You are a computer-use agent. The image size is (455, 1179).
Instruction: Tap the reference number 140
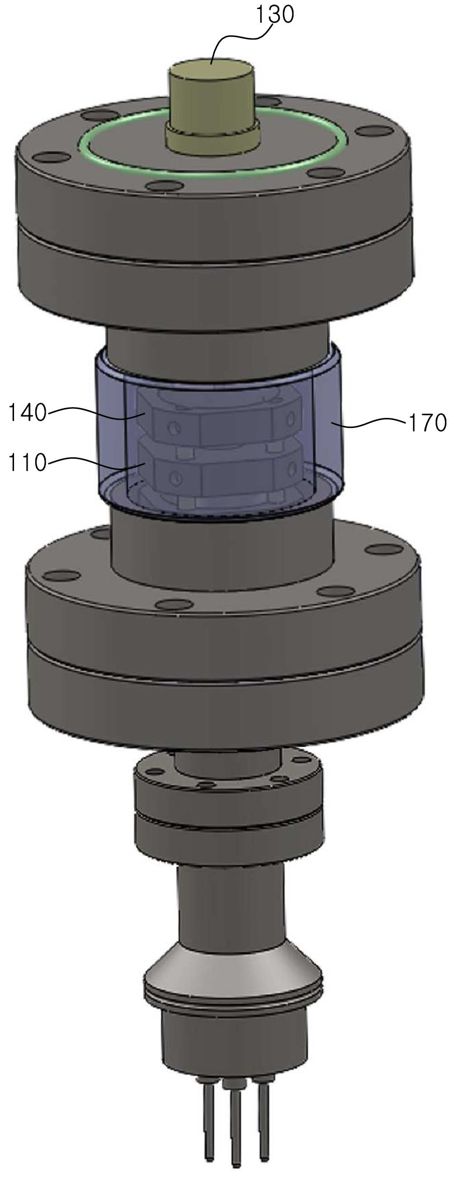tap(28, 413)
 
